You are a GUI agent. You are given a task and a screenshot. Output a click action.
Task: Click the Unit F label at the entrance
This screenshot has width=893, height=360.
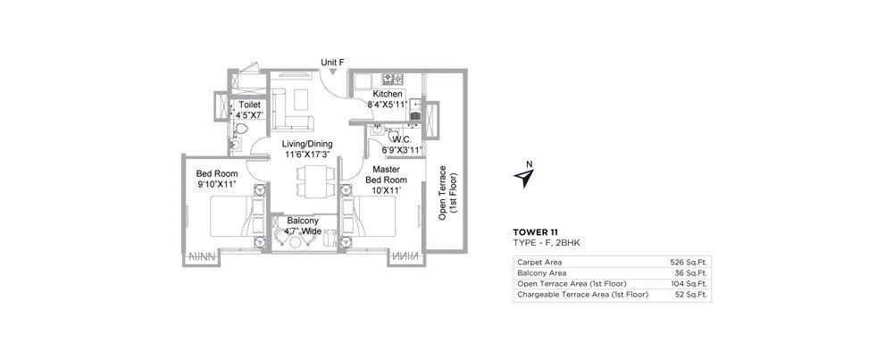coord(333,63)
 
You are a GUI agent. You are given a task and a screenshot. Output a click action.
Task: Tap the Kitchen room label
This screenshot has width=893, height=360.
coord(388,94)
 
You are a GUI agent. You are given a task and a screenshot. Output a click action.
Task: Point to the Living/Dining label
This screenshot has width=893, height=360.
coord(306,143)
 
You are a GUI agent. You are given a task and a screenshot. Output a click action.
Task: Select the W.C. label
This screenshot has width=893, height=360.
coord(400,138)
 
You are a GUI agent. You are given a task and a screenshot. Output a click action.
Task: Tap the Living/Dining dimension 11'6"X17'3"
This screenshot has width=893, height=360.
coord(306,155)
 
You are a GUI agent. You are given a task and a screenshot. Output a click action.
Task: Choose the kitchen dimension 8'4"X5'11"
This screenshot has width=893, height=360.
coord(388,105)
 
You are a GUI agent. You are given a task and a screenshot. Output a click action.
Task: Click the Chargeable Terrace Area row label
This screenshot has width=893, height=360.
coord(581,294)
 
